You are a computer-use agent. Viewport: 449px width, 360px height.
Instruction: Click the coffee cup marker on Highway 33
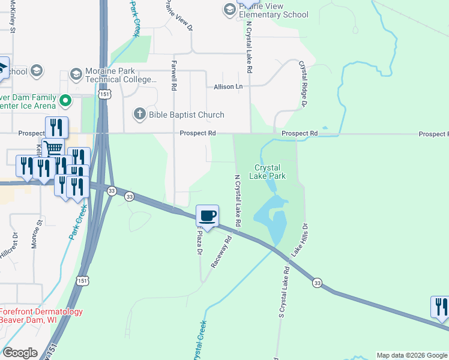(208, 216)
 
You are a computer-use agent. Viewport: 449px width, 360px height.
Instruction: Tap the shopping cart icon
(53, 148)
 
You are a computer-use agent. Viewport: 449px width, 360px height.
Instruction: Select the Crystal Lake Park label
(270, 172)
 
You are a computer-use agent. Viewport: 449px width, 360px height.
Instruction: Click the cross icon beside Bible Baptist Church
(139, 114)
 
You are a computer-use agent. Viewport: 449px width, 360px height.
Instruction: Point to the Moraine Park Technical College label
(121, 75)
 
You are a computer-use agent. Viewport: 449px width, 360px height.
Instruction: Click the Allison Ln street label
(229, 87)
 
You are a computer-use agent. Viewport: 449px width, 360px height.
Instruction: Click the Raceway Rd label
(220, 253)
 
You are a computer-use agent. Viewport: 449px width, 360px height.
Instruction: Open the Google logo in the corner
(20, 353)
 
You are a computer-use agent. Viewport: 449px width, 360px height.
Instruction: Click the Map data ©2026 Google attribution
(412, 355)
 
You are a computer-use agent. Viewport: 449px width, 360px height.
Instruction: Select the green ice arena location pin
(67, 100)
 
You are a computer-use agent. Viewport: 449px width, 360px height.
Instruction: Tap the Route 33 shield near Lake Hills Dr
(317, 283)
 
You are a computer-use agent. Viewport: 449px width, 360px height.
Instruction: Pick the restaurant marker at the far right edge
(440, 307)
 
